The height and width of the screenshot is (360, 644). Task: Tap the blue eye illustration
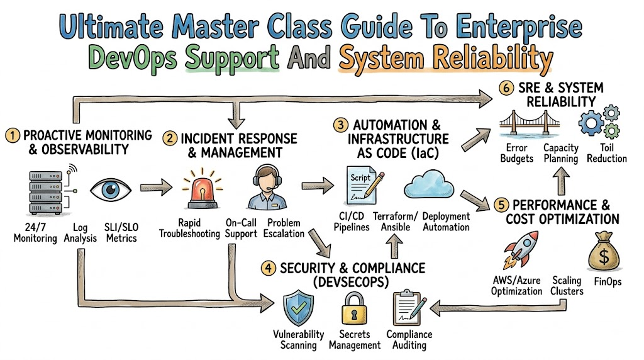(x=111, y=189)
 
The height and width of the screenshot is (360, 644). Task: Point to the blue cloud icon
(x=429, y=184)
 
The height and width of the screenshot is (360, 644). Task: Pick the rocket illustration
(x=520, y=249)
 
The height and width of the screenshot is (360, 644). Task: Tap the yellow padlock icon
(x=354, y=308)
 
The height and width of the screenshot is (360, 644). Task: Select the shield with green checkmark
(x=299, y=308)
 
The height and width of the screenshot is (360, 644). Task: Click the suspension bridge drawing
(x=530, y=123)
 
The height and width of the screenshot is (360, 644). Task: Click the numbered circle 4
(x=268, y=268)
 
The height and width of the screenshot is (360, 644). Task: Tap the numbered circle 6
(x=506, y=88)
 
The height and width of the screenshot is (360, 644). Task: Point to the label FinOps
(x=608, y=282)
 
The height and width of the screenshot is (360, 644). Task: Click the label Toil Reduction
(x=607, y=154)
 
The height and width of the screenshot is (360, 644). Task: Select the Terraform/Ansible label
(x=395, y=222)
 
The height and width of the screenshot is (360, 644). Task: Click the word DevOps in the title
(x=133, y=58)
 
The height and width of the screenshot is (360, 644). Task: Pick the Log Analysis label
(x=80, y=233)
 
